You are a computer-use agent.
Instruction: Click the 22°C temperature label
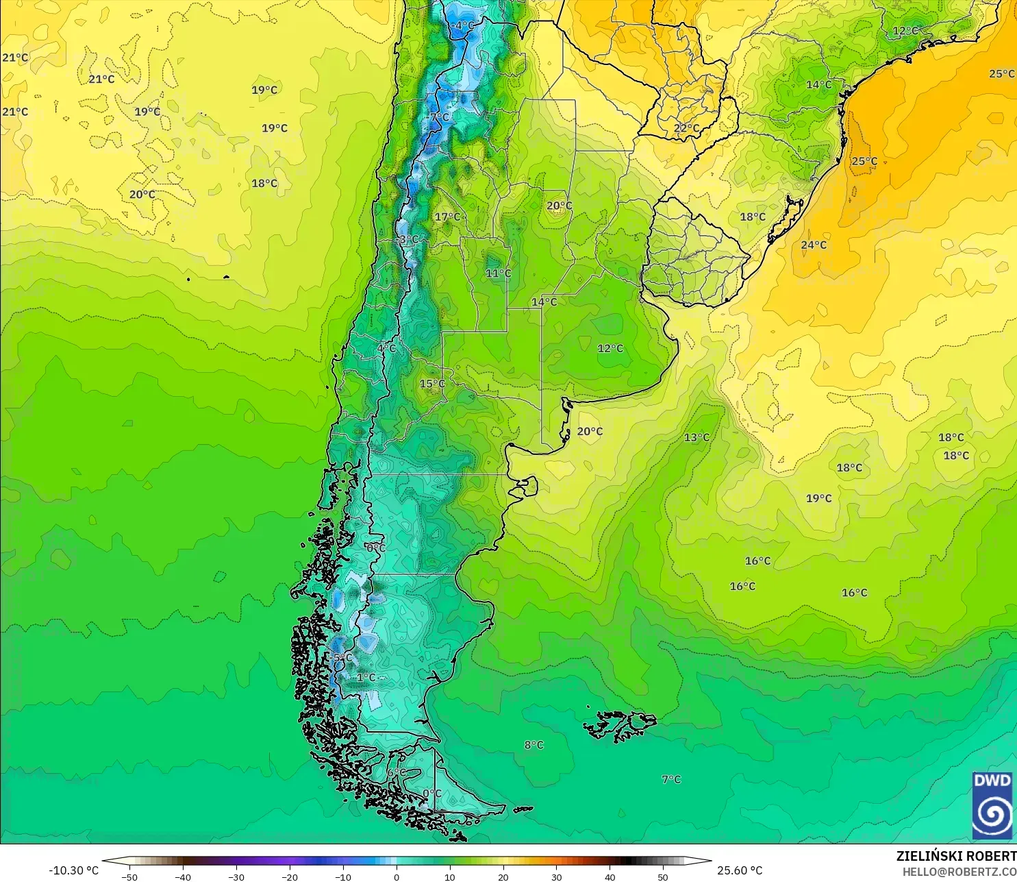[x=686, y=128]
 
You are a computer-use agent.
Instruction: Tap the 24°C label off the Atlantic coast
[x=814, y=245]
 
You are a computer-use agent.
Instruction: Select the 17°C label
[x=448, y=217]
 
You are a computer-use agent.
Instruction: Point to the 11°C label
[x=498, y=273]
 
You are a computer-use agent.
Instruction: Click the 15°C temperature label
[x=432, y=383]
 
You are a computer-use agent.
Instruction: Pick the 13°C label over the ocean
[x=696, y=437]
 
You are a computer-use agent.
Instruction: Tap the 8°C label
[x=534, y=745]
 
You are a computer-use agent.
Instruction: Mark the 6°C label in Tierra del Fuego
[x=394, y=772]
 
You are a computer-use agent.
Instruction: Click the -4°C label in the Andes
[x=462, y=25]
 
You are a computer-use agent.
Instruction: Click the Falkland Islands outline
[x=620, y=726]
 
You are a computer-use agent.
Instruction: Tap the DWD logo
[x=992, y=805]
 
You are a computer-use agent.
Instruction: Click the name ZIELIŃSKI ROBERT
[x=956, y=856]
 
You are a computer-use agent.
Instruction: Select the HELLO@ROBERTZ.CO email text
[x=959, y=872]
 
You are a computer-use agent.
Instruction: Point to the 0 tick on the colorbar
[x=397, y=877]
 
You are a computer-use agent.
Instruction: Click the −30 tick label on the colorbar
[x=236, y=877]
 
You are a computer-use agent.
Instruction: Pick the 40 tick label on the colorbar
[x=610, y=877]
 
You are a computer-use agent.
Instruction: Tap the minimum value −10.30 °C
[x=73, y=870]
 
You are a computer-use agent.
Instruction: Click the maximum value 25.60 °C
[x=740, y=870]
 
